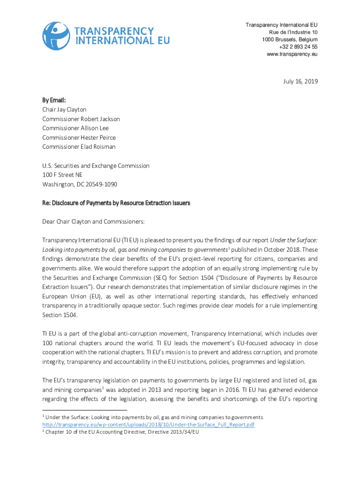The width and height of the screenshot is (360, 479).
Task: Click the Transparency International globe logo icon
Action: (57, 36)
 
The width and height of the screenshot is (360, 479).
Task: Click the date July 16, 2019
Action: (300, 81)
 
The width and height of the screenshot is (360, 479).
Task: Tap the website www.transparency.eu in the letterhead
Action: (292, 54)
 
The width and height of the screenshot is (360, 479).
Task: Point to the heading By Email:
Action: (54, 100)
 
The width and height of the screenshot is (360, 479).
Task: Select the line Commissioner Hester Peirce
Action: (79, 138)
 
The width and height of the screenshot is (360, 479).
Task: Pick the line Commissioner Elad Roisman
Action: (79, 147)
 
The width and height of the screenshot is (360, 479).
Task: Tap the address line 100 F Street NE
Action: (62, 175)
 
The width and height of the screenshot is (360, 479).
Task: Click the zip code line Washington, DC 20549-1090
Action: (79, 184)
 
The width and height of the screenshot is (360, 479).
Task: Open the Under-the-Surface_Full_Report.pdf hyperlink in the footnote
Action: (148, 424)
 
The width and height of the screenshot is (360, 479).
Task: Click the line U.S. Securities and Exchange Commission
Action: (96, 166)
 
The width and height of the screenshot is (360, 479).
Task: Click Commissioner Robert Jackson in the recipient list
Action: (81, 119)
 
